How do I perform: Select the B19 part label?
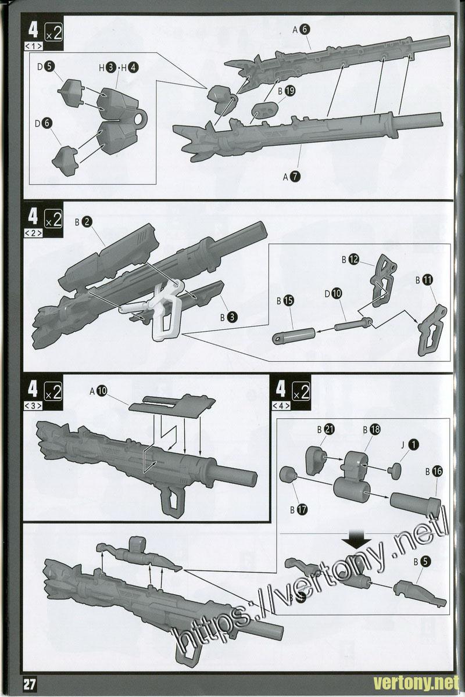[287, 91]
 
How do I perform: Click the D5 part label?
[45, 67]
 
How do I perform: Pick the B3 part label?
[228, 317]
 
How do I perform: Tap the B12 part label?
[350, 260]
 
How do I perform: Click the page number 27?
[29, 684]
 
